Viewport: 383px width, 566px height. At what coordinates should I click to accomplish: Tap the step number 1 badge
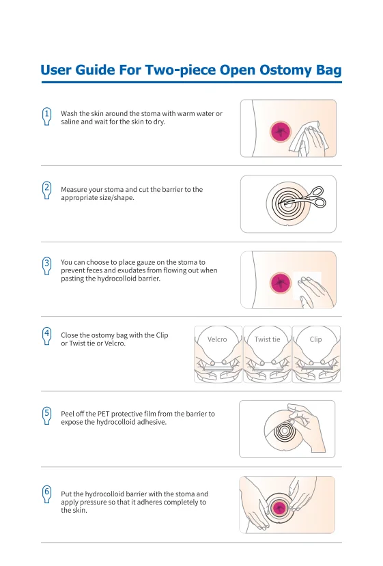(46, 115)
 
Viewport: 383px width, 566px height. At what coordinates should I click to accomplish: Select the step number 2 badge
(46, 188)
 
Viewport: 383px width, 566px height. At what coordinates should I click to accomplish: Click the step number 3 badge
(46, 264)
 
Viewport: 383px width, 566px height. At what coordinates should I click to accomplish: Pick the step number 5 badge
(46, 413)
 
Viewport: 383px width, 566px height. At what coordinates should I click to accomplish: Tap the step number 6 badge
(46, 492)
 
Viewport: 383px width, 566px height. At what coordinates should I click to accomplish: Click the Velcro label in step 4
(217, 339)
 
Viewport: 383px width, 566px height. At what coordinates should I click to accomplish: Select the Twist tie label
(267, 339)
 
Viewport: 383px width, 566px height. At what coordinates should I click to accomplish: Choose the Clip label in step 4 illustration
(315, 339)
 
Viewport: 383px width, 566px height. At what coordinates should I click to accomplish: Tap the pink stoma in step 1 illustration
(280, 131)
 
